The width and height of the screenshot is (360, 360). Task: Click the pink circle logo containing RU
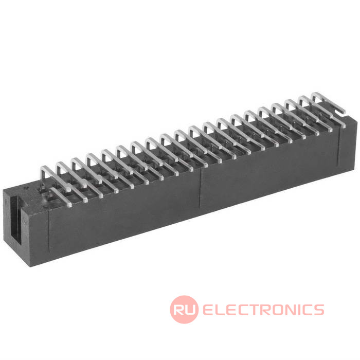(x=184, y=310)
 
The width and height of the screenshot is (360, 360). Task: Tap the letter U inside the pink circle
(x=191, y=310)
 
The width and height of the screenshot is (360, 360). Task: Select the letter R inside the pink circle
(x=179, y=310)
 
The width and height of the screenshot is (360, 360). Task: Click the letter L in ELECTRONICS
(x=222, y=310)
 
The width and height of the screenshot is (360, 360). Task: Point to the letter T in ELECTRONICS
(x=256, y=310)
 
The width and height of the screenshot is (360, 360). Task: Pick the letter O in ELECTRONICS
(x=280, y=310)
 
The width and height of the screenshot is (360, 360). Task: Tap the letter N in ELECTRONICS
(x=293, y=310)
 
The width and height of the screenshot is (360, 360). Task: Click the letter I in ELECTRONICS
(x=302, y=310)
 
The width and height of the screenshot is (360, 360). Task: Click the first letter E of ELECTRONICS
(x=209, y=310)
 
